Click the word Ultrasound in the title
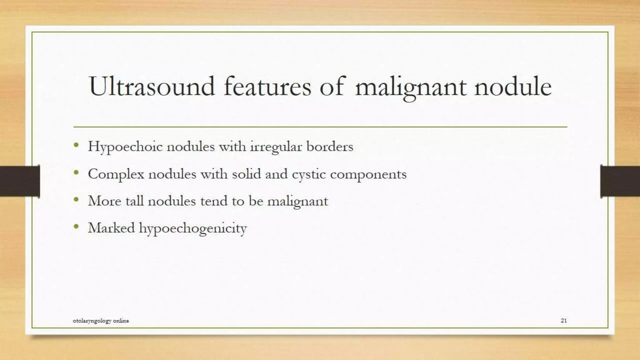pyautogui.click(x=152, y=86)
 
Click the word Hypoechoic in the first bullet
pyautogui.click(x=125, y=147)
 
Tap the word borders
pyautogui.click(x=330, y=146)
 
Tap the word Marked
pyautogui.click(x=111, y=227)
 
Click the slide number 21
pyautogui.click(x=564, y=320)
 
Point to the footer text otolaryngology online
pyautogui.click(x=101, y=321)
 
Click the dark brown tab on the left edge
pyautogui.click(x=20, y=181)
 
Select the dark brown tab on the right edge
pyautogui.click(x=620, y=181)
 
